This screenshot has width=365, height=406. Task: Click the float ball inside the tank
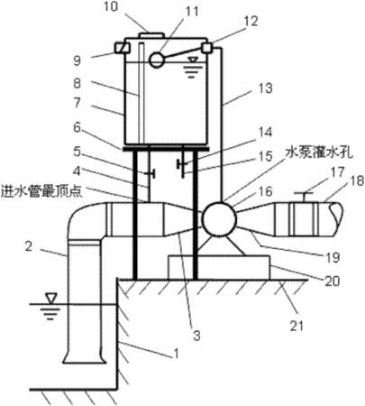(x=156, y=60)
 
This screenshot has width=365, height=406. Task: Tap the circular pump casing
(x=219, y=218)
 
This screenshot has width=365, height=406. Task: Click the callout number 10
(x=112, y=6)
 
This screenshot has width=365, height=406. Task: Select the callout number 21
(x=297, y=325)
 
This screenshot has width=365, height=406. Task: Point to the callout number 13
(x=266, y=88)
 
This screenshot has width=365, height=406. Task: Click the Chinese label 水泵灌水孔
(x=319, y=153)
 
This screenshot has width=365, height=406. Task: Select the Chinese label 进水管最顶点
(x=41, y=191)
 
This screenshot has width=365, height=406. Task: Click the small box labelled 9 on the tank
(x=122, y=48)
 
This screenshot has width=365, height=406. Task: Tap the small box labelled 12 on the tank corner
(x=207, y=48)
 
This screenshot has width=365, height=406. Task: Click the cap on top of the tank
(x=151, y=35)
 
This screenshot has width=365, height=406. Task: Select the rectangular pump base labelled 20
(x=219, y=267)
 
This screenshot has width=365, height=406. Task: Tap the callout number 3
(x=196, y=335)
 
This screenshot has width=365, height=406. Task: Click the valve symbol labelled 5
(x=150, y=173)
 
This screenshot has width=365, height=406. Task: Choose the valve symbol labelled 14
(x=182, y=164)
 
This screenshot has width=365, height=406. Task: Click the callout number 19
(x=333, y=257)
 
